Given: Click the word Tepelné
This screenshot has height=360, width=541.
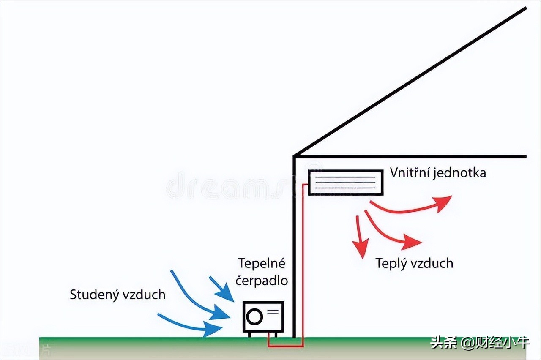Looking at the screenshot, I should pos(262,263).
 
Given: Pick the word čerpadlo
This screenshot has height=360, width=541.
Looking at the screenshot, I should pos(262,281).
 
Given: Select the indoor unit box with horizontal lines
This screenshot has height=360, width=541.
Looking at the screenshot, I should pos(346,182).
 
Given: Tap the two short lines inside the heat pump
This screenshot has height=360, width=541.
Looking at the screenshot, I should pos(273,312).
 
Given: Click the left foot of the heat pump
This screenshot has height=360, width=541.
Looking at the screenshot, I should pos(249,335).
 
